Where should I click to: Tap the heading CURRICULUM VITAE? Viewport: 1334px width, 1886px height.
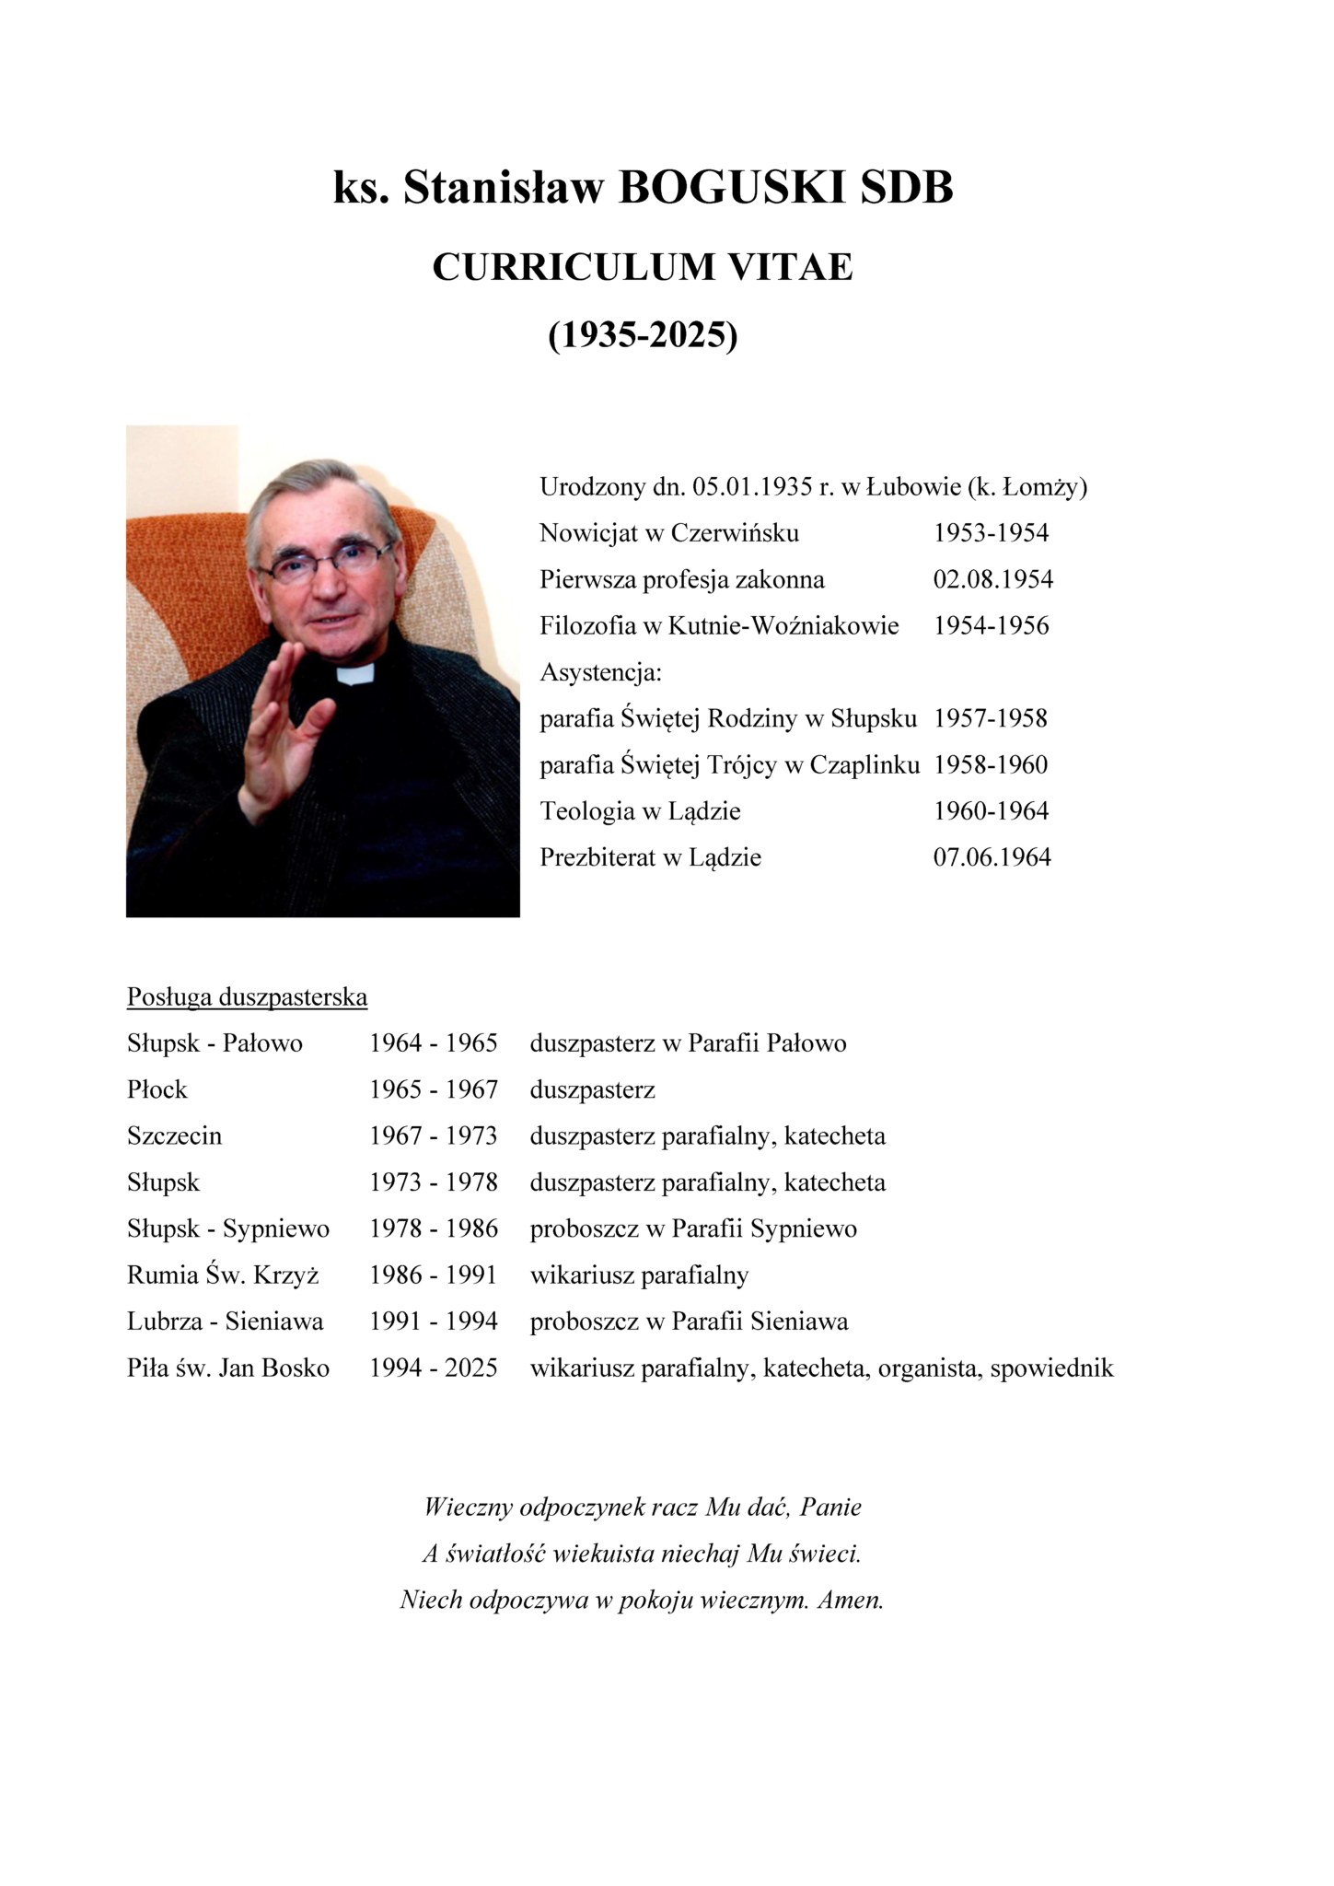point(643,267)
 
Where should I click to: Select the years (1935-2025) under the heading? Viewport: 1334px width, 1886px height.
point(643,335)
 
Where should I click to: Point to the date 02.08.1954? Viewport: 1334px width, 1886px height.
point(992,579)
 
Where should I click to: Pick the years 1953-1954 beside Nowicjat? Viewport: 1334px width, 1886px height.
point(991,533)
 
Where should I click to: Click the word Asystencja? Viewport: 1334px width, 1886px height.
point(599,672)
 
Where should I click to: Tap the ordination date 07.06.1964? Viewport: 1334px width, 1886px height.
point(992,857)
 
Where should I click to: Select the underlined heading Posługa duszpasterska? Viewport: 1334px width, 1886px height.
point(247,997)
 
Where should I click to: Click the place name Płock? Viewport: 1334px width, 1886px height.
point(157,1090)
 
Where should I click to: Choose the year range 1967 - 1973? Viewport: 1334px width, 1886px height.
point(433,1136)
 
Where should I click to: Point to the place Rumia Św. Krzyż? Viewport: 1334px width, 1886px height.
point(223,1275)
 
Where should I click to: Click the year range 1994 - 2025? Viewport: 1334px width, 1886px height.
point(433,1368)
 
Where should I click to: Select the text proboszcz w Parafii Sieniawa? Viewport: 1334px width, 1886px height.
point(689,1322)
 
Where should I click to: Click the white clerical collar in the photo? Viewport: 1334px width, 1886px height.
point(355,674)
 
